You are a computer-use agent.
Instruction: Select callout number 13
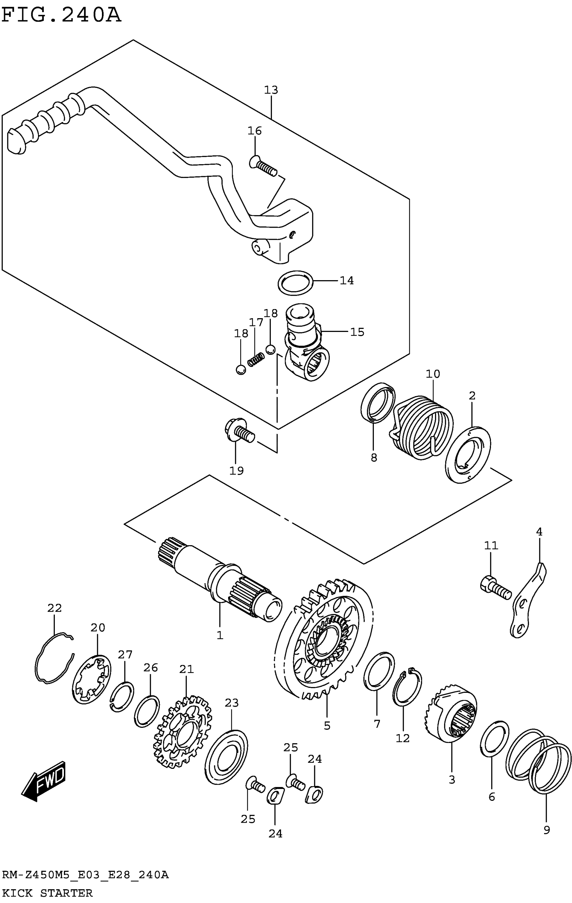click(271, 90)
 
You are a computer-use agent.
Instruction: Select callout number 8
click(373, 457)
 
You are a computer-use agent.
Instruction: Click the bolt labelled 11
click(496, 592)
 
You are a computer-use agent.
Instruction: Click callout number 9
click(546, 830)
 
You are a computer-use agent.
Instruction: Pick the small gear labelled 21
click(183, 731)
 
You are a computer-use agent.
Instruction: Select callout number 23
click(231, 703)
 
